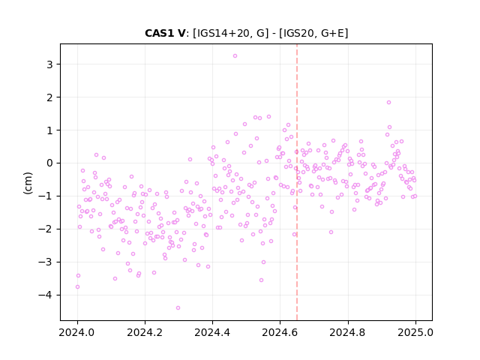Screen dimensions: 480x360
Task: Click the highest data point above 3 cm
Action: (x=235, y=56)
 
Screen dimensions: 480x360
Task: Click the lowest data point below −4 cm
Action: (x=178, y=308)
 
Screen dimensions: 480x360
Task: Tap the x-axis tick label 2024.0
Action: (x=77, y=332)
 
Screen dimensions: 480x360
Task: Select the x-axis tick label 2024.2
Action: (x=145, y=332)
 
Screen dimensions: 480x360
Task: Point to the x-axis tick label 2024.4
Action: (x=212, y=332)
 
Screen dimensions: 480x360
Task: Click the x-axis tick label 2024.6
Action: (x=280, y=332)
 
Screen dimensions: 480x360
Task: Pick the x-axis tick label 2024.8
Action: (x=347, y=332)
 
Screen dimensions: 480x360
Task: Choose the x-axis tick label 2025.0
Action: (x=415, y=332)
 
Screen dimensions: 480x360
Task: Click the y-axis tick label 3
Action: (x=49, y=64)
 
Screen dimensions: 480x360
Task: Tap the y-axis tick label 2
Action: (x=49, y=97)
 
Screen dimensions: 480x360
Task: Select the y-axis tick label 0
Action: (x=49, y=163)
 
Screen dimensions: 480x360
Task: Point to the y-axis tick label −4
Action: (x=46, y=295)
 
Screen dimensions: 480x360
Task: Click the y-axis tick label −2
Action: (x=46, y=229)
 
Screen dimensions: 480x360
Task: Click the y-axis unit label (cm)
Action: (x=28, y=183)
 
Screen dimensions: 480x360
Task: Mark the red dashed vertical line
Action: (x=297, y=182)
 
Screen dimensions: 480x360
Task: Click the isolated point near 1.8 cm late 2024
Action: (x=388, y=103)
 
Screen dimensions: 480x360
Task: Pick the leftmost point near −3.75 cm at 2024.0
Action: (x=77, y=287)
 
